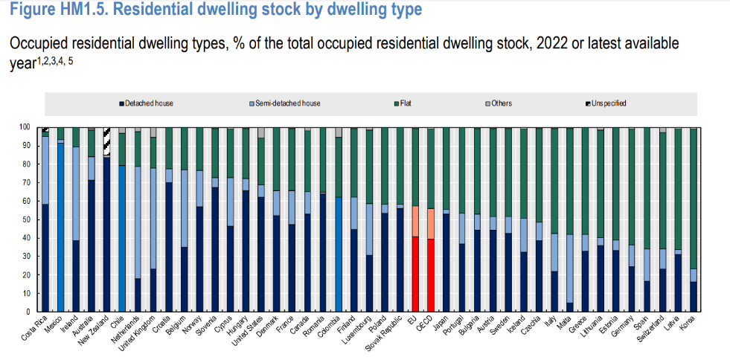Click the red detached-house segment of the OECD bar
pos(431,275)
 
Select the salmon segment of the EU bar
pos(416,222)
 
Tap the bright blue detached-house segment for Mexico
pos(60,228)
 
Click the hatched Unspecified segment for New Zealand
pos(106,141)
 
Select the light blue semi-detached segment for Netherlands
pos(138,222)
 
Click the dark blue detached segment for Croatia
pos(168,247)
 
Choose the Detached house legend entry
pos(146,103)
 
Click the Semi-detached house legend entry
pos(284,103)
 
